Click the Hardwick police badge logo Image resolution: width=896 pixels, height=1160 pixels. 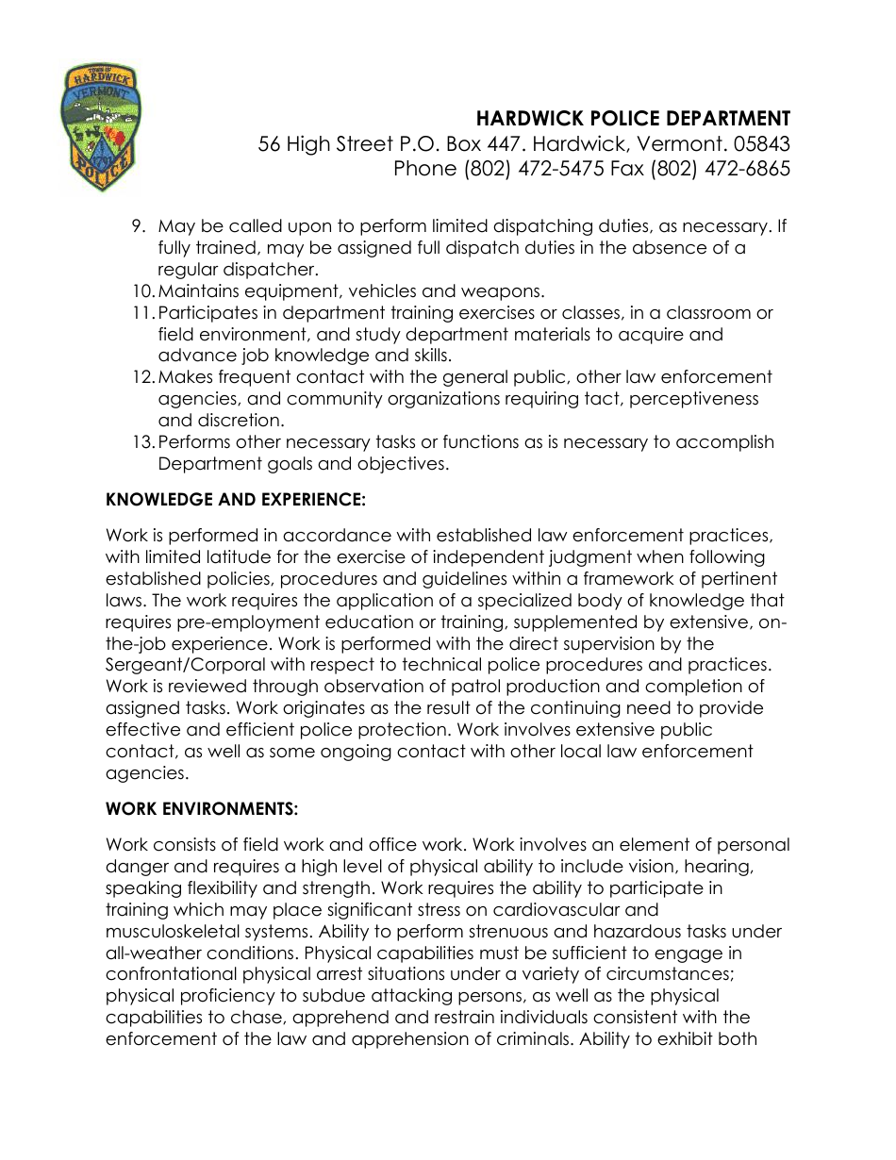point(100,128)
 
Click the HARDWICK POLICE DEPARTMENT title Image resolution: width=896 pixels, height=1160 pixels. point(633,119)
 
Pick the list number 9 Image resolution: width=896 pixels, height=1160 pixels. point(138,226)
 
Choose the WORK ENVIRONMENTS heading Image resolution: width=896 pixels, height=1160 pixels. point(202,809)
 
